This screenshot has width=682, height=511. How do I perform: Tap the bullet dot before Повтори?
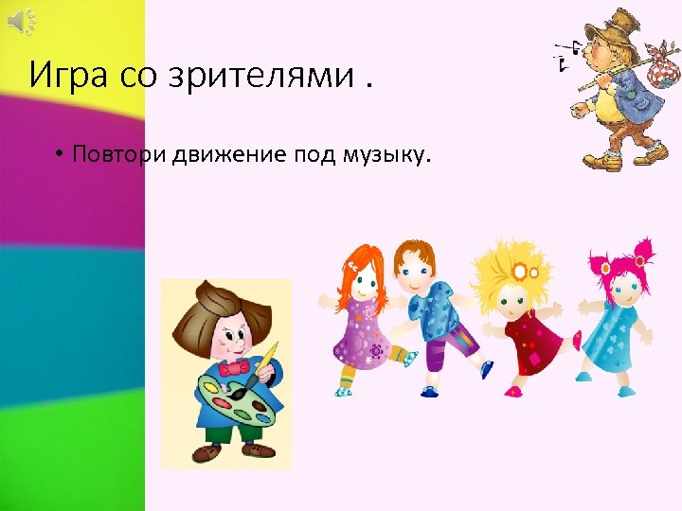pos(59,155)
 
